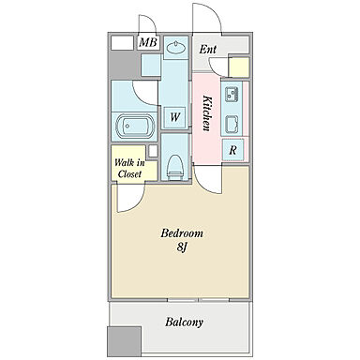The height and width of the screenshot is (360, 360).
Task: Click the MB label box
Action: click(148, 42)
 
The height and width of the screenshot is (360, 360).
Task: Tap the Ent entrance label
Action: click(208, 50)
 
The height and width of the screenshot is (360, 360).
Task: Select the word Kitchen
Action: click(207, 113)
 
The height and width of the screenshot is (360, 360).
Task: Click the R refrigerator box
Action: click(232, 150)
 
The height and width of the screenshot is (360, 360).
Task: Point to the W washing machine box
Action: click(175, 117)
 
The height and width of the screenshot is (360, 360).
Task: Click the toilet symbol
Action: click(174, 167)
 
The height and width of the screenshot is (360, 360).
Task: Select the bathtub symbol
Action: click(135, 127)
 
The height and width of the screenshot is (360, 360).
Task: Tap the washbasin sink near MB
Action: click(176, 48)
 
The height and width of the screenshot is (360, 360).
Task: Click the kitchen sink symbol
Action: click(232, 94)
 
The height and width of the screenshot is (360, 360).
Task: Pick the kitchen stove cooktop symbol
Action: click(232, 124)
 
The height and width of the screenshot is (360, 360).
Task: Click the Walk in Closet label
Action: click(129, 168)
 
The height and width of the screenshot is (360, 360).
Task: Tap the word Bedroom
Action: click(182, 233)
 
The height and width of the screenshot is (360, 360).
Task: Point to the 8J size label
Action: click(182, 247)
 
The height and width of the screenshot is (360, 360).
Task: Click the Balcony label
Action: click(184, 322)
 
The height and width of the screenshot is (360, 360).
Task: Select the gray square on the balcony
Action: click(124, 341)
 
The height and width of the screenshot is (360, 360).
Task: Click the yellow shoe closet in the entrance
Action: click(239, 67)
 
